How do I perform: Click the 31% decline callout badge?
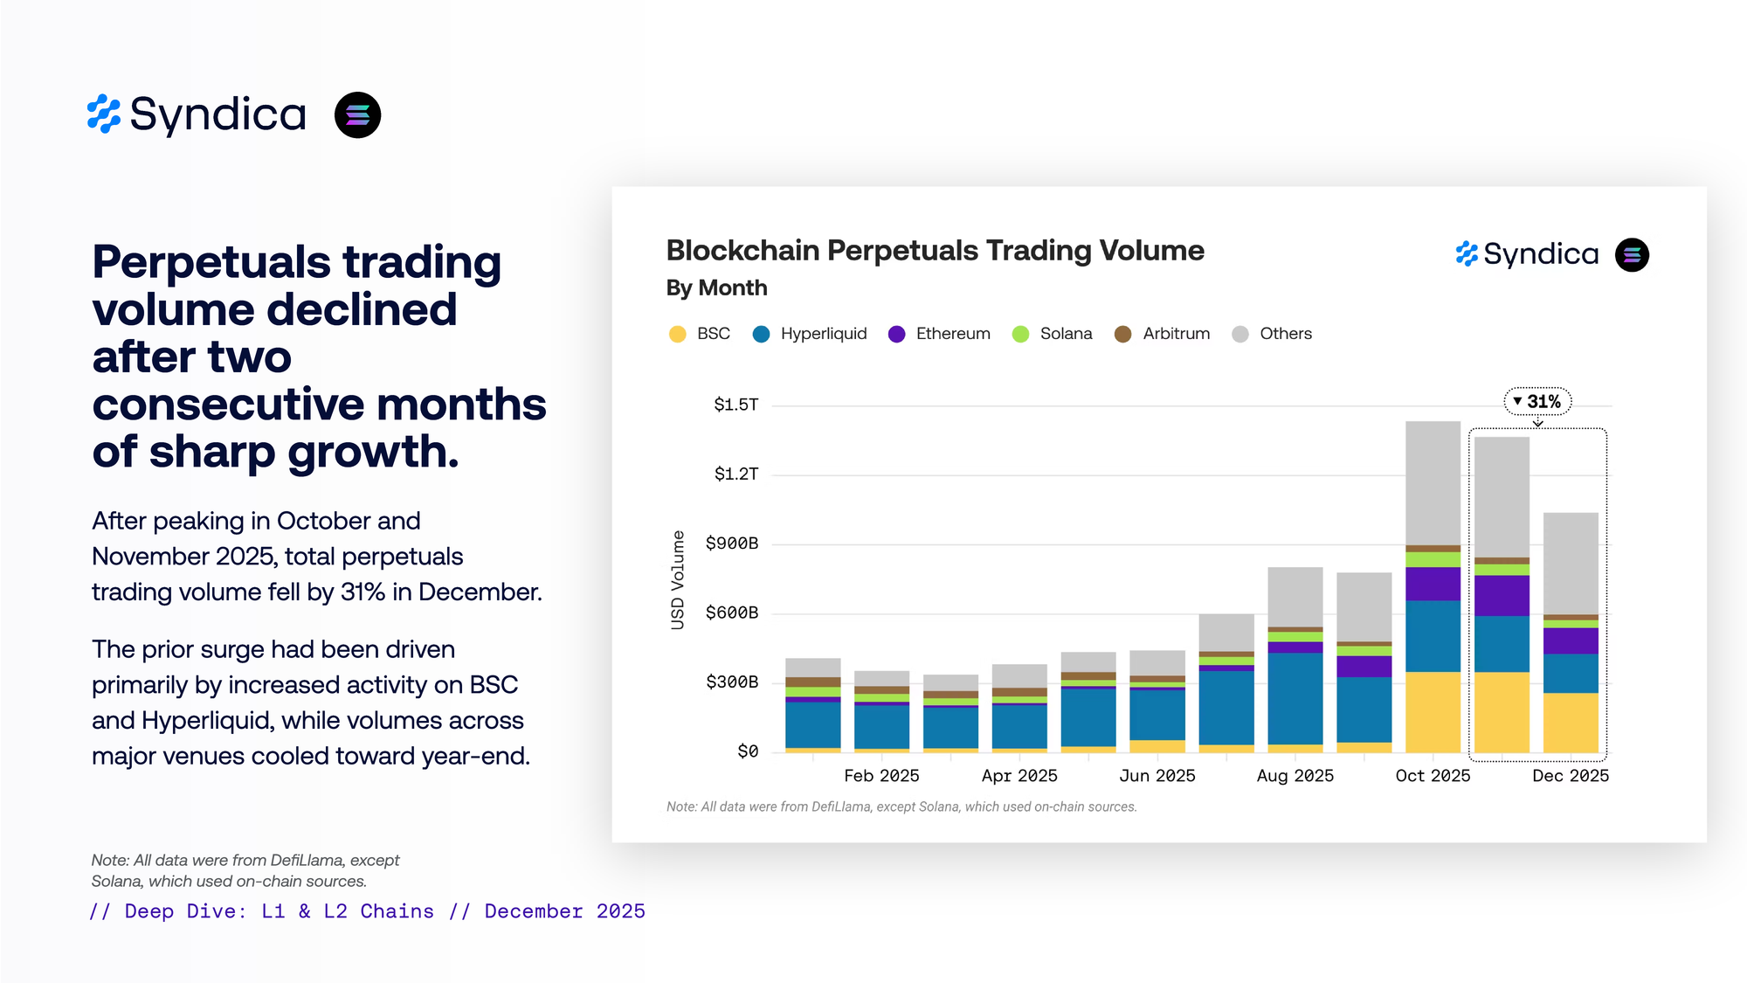1537,401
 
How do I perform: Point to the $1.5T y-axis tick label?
735,405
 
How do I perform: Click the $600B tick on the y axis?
732,613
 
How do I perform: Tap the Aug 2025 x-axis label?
1295,776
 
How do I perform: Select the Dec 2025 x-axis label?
1570,776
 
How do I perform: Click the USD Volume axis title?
678,579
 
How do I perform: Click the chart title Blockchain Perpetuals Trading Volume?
935,251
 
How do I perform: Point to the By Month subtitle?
716,287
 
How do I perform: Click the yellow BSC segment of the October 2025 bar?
1433,711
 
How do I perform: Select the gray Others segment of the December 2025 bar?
1571,563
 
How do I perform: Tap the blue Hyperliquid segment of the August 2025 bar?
1295,698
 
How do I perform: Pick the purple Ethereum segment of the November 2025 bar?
1502,595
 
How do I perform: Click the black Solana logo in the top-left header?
357,115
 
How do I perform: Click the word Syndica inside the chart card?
1541,254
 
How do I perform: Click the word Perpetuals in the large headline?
211,262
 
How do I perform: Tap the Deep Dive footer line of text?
367,911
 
